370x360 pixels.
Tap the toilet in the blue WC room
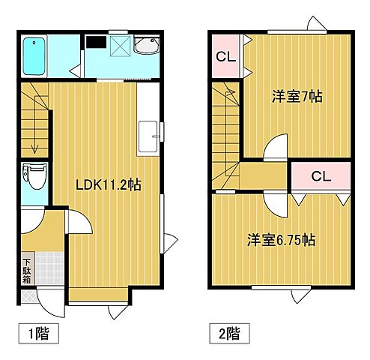[x=34, y=177]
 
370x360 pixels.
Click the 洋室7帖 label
[x=297, y=97]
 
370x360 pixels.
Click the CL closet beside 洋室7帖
[x=224, y=57]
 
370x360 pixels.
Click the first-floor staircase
[x=35, y=120]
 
